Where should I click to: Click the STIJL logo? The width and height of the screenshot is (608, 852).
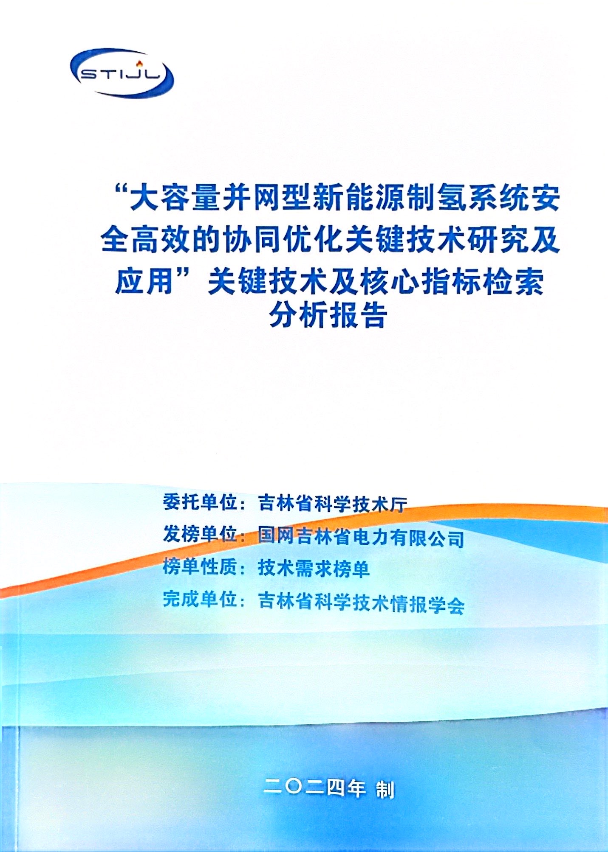coord(122,73)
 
